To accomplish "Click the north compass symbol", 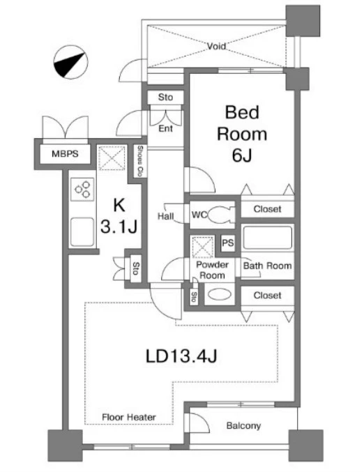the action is click(x=70, y=62).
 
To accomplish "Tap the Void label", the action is click(x=216, y=46).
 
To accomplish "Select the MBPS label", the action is click(x=65, y=154).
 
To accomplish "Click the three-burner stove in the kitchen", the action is click(x=82, y=190).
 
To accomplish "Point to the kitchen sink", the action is click(x=82, y=232).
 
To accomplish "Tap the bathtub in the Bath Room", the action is click(x=267, y=238).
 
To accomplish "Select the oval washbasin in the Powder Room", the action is click(x=220, y=294).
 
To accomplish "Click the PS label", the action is click(x=227, y=243).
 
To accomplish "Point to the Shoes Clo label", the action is click(x=140, y=161).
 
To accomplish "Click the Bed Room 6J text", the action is click(x=242, y=133).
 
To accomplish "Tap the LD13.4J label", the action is click(x=181, y=356).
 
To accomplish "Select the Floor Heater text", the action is click(x=129, y=417).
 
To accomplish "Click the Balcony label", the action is click(x=243, y=426).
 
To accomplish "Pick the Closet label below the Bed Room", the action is click(x=267, y=209).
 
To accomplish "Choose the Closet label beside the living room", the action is click(x=267, y=296).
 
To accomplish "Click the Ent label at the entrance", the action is click(x=165, y=128).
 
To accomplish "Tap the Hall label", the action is click(x=165, y=216).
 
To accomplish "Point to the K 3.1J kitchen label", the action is click(x=119, y=216).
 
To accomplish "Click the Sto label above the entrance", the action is click(x=165, y=97).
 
